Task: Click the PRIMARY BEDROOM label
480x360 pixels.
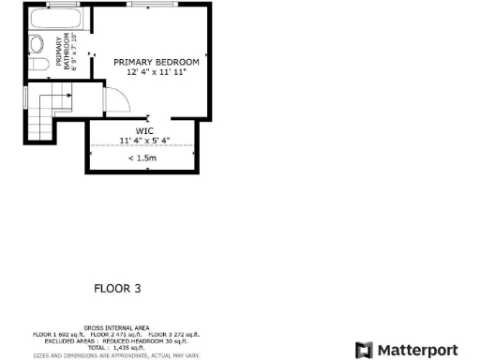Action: (157, 62)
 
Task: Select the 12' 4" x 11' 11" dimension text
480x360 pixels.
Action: (157, 72)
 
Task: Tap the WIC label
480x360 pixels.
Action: (143, 131)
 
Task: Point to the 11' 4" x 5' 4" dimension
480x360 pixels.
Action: (143, 141)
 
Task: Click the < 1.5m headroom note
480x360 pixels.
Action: (143, 158)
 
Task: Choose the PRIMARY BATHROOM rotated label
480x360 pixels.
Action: (62, 52)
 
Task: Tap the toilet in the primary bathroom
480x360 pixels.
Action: (37, 43)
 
